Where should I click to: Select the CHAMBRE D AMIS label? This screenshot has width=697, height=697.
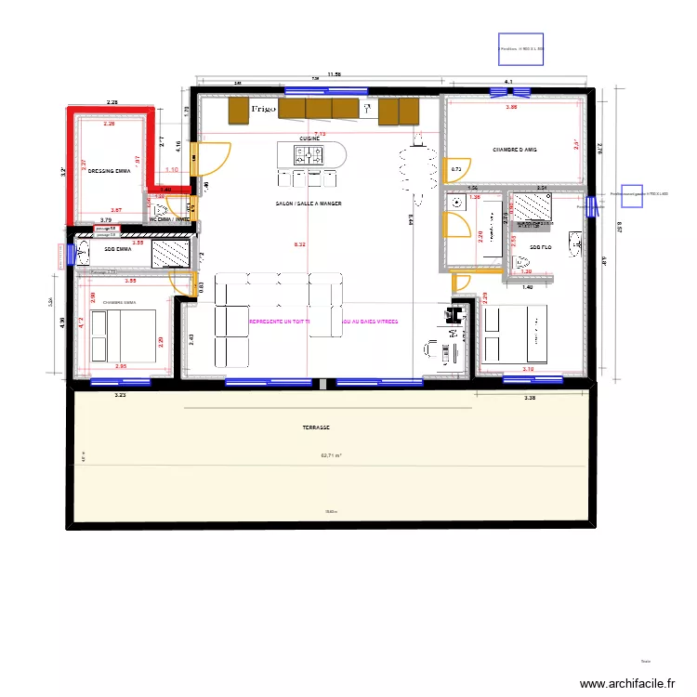[515, 149]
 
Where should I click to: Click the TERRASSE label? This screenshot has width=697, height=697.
[316, 428]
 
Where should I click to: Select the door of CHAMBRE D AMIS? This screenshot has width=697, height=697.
[457, 168]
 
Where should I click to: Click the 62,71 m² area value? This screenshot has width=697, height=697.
[331, 455]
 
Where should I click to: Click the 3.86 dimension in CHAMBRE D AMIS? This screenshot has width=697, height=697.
[511, 108]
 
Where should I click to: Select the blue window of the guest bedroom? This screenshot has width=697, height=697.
[511, 92]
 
